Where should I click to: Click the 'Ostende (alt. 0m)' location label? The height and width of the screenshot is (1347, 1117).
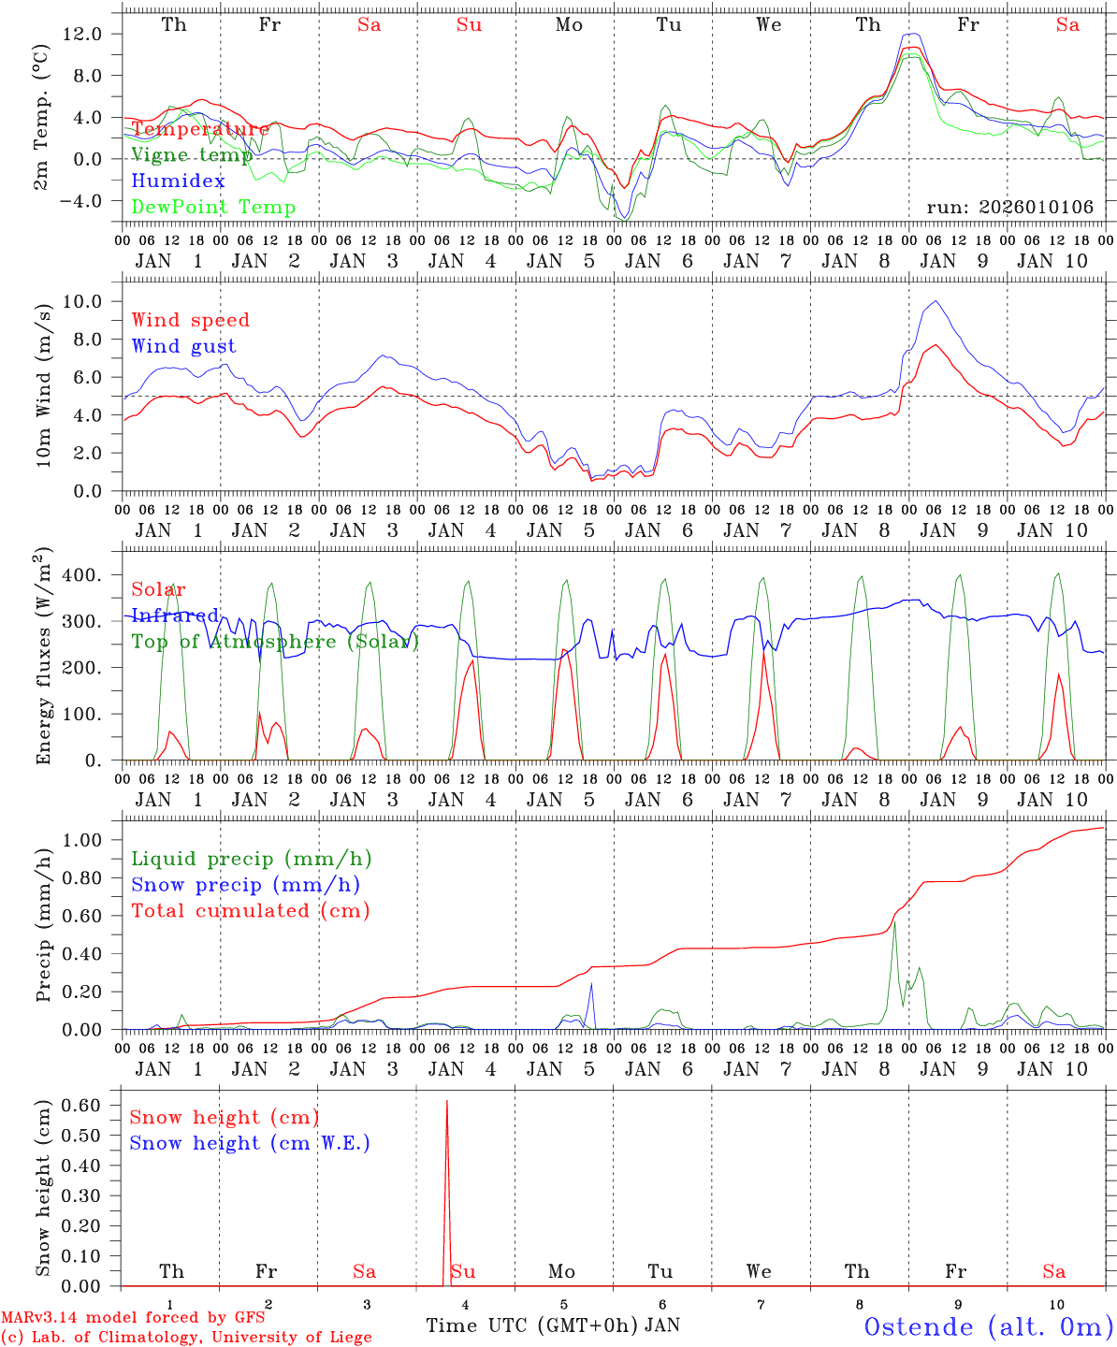click(x=988, y=1326)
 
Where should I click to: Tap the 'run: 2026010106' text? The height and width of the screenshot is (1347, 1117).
click(x=1009, y=207)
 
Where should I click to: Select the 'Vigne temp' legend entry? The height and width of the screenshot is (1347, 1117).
click(x=192, y=154)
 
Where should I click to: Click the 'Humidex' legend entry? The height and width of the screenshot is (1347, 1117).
click(x=178, y=181)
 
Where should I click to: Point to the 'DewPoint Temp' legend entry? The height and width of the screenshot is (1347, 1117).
click(x=213, y=207)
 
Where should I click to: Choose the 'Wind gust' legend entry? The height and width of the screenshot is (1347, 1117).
click(x=183, y=346)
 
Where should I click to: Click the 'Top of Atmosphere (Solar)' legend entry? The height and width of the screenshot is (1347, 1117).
click(x=275, y=642)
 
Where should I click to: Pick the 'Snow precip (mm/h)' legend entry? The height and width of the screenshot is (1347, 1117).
click(x=245, y=885)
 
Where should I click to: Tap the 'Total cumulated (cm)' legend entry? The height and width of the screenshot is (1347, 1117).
click(x=250, y=910)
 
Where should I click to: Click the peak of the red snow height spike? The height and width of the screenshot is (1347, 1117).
click(x=447, y=1102)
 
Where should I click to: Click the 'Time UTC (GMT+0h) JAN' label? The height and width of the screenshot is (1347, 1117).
click(x=553, y=1325)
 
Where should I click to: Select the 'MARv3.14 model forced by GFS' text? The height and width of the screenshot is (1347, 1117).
click(x=133, y=1317)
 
